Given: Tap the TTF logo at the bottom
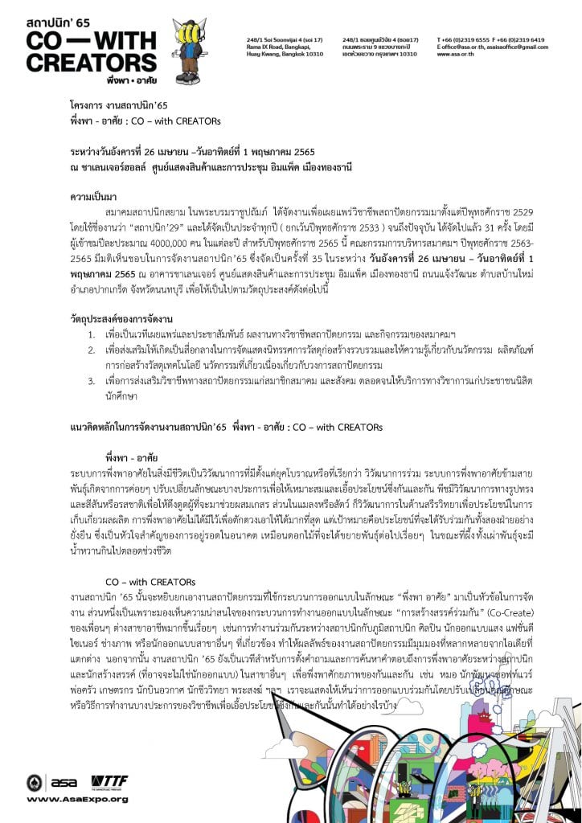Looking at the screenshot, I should pos(109,783).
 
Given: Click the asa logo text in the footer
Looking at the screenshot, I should pos(64,783).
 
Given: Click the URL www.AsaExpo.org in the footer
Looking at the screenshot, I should pos(77,799).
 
